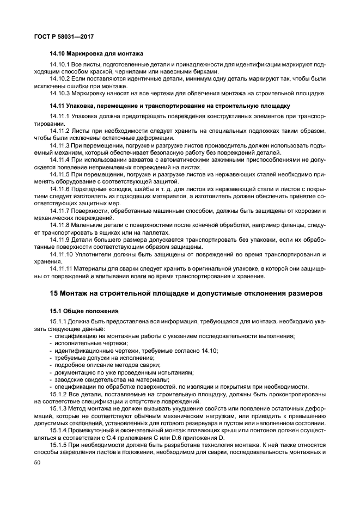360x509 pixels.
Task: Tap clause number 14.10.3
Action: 60,93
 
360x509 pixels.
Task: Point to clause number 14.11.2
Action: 60,131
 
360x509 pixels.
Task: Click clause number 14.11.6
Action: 60,187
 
